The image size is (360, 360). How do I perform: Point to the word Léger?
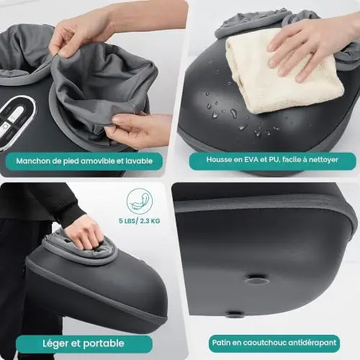56,343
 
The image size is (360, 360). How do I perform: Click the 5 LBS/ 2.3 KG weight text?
140,221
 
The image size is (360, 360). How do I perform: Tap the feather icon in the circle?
140,201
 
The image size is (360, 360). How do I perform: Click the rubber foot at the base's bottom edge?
233,314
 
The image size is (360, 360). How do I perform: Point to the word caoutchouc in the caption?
264,343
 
